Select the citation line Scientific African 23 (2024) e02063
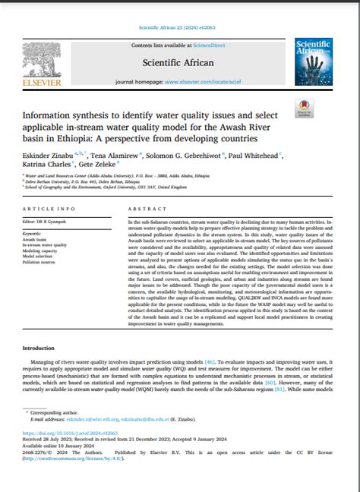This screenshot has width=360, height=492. point(178,28)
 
